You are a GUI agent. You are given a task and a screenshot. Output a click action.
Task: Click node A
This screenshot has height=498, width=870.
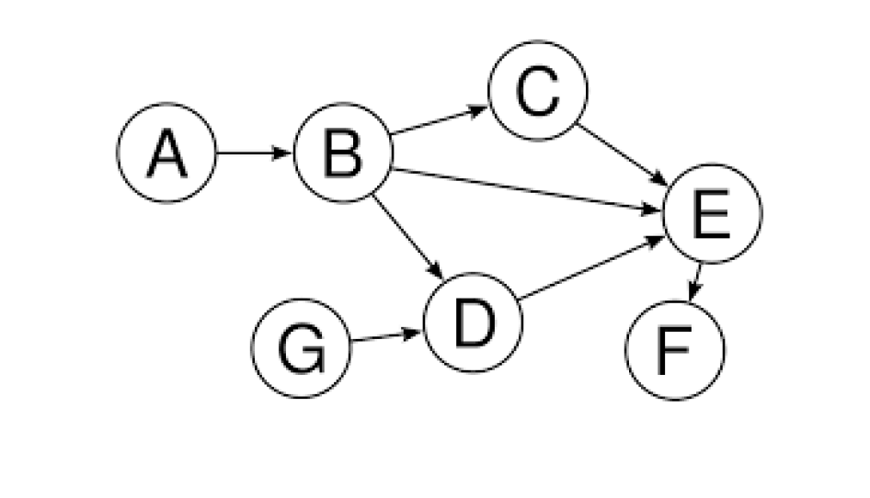(x=166, y=153)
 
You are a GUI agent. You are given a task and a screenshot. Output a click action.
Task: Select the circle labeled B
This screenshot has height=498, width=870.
(x=343, y=153)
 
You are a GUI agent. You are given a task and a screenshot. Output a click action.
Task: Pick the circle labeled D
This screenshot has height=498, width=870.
(x=473, y=323)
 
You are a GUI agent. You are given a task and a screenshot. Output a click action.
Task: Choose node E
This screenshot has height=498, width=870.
(x=713, y=213)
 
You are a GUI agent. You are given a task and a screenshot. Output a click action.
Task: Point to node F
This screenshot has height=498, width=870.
(x=676, y=350)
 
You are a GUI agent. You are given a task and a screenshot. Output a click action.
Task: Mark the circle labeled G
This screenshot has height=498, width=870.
(x=302, y=349)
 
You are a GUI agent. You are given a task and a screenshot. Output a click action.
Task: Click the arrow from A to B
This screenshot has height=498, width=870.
(x=254, y=153)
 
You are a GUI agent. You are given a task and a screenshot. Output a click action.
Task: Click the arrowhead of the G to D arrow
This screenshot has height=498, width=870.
(x=415, y=332)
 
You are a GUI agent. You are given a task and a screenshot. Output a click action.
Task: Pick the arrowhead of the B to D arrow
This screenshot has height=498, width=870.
(x=439, y=270)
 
